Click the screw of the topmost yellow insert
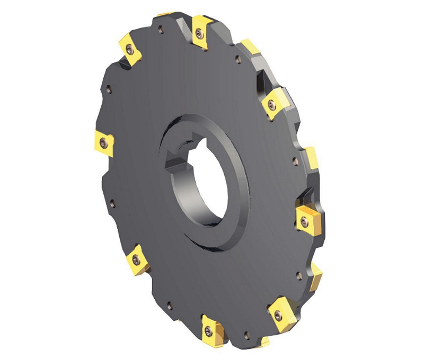[198, 33]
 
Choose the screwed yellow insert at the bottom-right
[279, 314]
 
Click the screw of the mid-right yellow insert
[304, 222]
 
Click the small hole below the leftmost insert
[112, 202]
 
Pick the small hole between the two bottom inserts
[245, 334]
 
